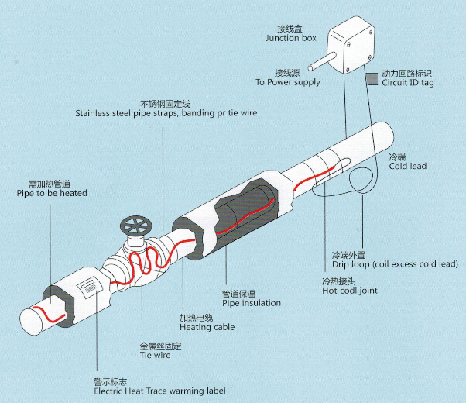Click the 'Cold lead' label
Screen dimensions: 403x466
(406, 166)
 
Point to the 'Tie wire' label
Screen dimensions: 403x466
(156, 356)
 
